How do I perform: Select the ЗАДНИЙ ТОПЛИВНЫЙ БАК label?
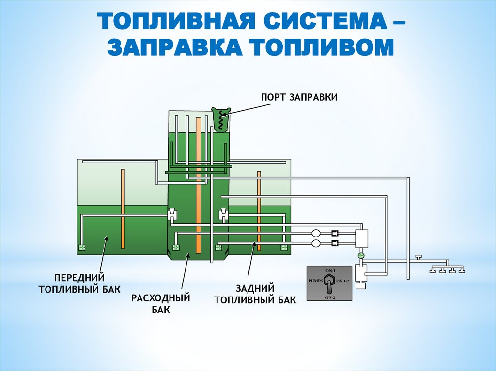[255, 294]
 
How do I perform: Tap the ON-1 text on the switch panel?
[331, 269]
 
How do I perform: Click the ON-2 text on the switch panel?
[330, 297]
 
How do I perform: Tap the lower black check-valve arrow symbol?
[335, 242]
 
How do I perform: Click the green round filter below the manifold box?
[360, 255]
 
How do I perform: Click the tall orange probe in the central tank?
[198, 184]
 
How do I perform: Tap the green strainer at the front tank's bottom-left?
[81, 248]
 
